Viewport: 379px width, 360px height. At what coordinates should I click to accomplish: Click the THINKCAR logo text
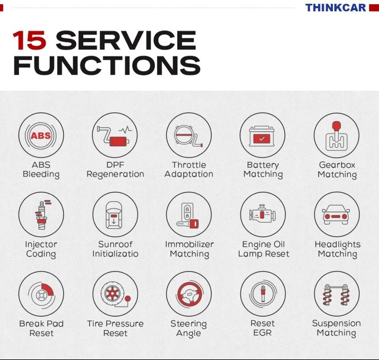(335, 8)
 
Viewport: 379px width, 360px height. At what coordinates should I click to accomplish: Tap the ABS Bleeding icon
(41, 135)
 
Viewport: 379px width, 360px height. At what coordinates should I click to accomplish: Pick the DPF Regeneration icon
(115, 135)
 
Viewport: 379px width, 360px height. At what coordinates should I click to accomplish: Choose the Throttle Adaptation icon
(188, 135)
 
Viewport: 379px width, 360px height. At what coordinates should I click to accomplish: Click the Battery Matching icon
(262, 135)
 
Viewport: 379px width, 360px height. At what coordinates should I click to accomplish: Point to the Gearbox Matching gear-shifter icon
(336, 135)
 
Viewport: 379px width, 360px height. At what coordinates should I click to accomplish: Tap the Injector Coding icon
(41, 215)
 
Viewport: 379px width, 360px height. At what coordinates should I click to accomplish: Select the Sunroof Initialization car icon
(115, 215)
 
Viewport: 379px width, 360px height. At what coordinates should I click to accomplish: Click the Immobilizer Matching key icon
(188, 215)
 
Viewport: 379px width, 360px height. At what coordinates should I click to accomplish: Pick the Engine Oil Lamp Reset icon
(262, 215)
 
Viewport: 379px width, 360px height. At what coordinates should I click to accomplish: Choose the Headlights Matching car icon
(336, 215)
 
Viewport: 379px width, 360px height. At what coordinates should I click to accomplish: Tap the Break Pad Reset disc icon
(41, 294)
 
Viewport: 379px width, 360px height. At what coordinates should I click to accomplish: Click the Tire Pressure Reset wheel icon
(115, 294)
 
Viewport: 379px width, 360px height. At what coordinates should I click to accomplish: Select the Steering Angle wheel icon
(188, 294)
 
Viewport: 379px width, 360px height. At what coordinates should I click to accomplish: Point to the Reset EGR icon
(262, 294)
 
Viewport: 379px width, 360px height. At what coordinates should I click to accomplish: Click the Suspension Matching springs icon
(336, 294)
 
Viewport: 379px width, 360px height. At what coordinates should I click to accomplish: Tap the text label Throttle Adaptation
(188, 169)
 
